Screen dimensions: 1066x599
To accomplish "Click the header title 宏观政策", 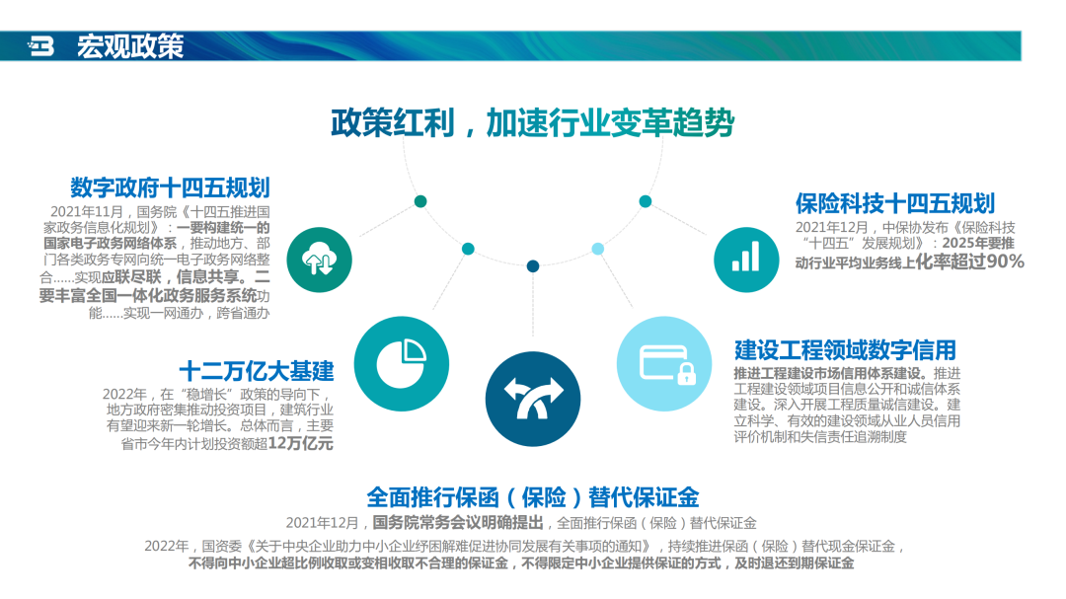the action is click(130, 46).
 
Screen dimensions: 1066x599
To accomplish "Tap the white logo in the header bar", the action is click(40, 46).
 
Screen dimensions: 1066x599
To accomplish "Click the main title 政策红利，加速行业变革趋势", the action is click(532, 123).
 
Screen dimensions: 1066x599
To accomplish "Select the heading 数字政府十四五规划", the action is click(170, 187).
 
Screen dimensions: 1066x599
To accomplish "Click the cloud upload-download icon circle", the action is click(319, 260).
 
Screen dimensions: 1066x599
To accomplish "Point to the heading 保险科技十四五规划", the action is click(894, 203).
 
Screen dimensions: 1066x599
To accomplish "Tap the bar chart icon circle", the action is click(746, 260).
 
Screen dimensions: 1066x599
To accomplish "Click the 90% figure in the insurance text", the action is click(1005, 262).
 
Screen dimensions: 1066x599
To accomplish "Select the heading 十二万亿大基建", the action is click(257, 371).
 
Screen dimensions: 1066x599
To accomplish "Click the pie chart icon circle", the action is click(401, 364).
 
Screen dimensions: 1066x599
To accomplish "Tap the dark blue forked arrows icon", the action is click(533, 399).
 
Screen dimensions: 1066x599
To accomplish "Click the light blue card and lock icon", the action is click(664, 364).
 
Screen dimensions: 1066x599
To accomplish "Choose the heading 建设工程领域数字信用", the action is click(845, 350).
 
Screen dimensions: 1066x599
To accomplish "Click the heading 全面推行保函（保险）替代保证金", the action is click(532, 497).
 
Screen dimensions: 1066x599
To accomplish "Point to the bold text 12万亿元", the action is click(300, 443).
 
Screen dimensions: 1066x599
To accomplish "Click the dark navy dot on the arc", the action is click(533, 265).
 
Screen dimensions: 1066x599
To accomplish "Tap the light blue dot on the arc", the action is click(597, 249).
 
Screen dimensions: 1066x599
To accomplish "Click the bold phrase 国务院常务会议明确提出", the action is click(458, 523).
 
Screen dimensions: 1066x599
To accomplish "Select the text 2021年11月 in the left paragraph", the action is click(86, 212).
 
